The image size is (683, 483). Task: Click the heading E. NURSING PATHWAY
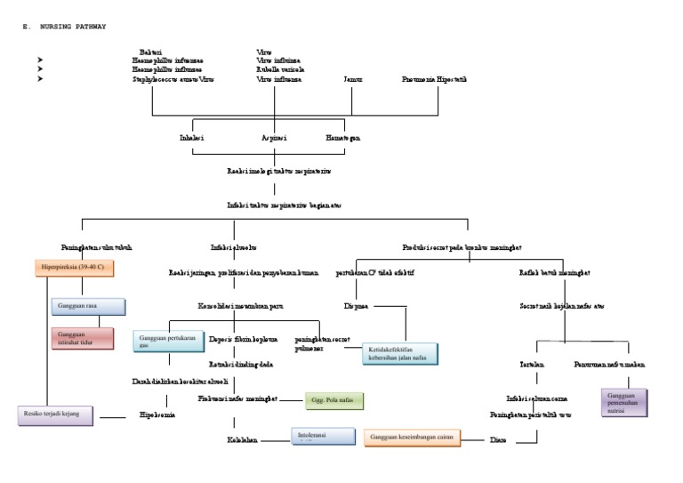coord(63,27)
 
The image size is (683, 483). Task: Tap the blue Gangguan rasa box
coord(88,306)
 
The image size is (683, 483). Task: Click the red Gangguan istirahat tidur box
coord(88,338)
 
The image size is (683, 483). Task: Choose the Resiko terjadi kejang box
coord(55,415)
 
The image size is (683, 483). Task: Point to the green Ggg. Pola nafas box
coord(334,401)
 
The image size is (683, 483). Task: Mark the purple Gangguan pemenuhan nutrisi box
coord(624,401)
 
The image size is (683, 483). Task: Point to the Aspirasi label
coord(275,139)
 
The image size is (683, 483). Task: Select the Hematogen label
coord(343,139)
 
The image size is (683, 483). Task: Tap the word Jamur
coord(353,79)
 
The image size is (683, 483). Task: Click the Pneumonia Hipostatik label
coord(434,79)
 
